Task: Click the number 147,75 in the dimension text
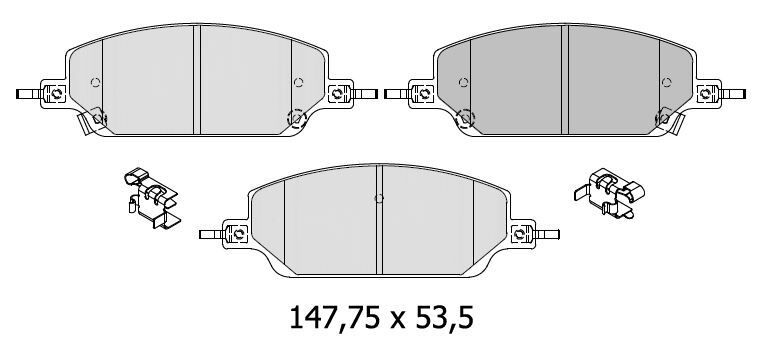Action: point(335,317)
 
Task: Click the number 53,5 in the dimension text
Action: point(442,317)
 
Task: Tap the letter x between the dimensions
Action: point(396,321)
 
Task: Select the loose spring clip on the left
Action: point(152,198)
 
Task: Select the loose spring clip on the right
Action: point(609,193)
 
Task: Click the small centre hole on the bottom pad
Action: point(379,198)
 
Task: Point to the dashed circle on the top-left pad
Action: point(296,118)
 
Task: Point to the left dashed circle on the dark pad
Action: point(466,118)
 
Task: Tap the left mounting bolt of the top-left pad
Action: point(57,93)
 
